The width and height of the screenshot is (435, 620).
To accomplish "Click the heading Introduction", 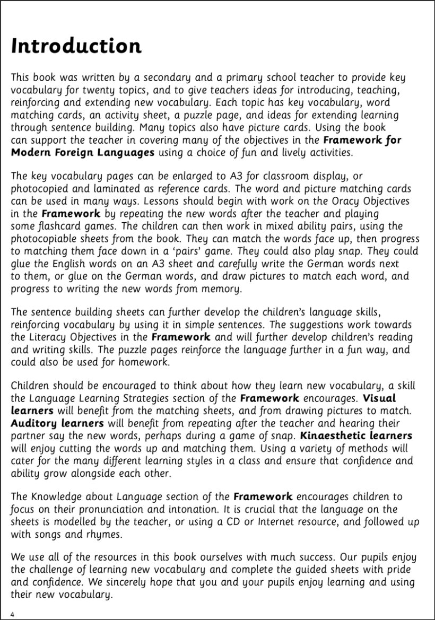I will pos(76,46).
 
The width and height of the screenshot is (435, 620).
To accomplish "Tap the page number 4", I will pos(13,614).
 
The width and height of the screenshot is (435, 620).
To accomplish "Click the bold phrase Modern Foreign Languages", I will pos(83,153).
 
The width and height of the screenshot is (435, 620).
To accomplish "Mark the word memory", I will pos(222,289).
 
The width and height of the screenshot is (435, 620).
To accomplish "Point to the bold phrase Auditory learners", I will pos(57,423).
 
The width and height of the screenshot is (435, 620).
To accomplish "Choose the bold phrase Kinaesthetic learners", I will pos(356,435).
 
